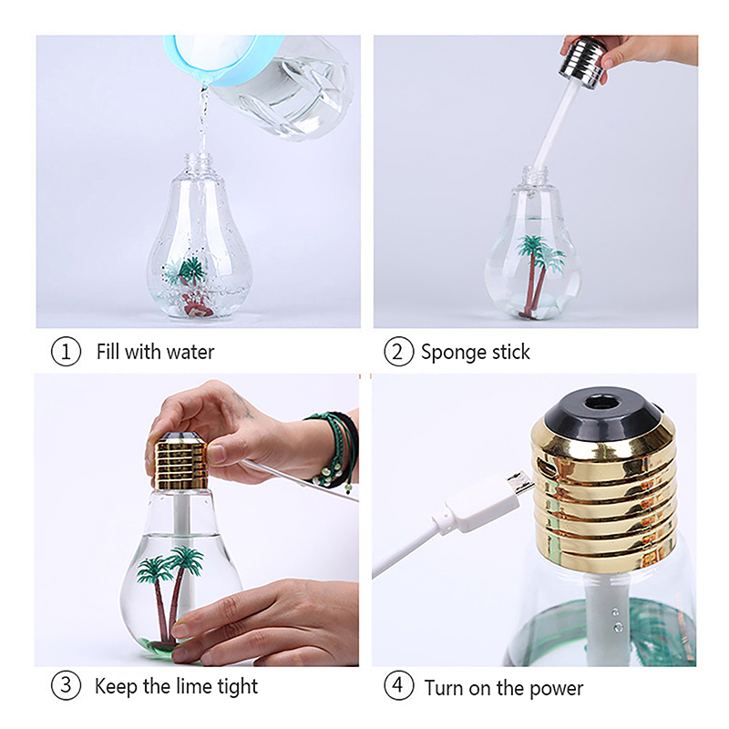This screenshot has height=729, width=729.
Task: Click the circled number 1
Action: point(66,352)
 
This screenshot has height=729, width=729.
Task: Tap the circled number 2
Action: point(398,352)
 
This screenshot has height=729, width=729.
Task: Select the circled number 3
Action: point(66,685)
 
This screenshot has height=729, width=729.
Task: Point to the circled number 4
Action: point(398,685)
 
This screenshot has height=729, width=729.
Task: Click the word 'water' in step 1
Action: point(190,352)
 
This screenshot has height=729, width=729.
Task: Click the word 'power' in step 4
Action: point(556,689)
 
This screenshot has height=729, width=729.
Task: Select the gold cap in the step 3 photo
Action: point(181,461)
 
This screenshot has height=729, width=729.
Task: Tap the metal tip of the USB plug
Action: point(520,485)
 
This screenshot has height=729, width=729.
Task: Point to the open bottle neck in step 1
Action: point(200,163)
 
